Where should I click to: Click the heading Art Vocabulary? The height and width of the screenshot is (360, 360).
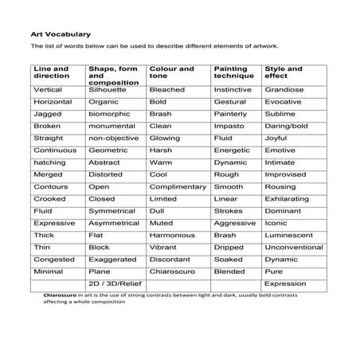click(x=61, y=34)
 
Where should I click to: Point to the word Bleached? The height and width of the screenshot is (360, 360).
click(x=167, y=91)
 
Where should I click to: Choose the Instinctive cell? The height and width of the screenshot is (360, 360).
click(x=233, y=91)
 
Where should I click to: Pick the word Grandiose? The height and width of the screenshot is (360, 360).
click(x=285, y=91)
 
